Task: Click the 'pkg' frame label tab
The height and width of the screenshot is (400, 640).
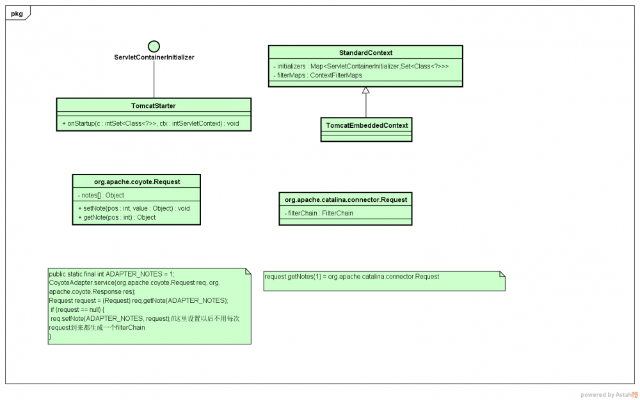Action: [17, 13]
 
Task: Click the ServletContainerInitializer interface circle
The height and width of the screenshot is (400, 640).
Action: [154, 46]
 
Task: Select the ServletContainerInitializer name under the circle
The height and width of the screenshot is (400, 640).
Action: [154, 58]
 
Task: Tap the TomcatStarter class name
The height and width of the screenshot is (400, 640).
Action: [154, 105]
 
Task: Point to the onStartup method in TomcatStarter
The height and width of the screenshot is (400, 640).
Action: [150, 123]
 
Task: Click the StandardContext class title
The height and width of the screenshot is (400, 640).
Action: [365, 52]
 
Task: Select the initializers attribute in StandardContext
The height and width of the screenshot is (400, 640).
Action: [361, 66]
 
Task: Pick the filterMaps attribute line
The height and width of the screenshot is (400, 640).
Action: [317, 75]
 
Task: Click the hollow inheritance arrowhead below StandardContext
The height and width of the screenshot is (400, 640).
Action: [365, 91]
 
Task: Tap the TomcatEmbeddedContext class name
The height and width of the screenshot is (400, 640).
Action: [367, 125]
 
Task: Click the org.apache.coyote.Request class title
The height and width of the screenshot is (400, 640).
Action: [137, 181]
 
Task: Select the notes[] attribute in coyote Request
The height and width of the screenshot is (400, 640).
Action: [101, 196]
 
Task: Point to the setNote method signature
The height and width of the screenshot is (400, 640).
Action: [134, 208]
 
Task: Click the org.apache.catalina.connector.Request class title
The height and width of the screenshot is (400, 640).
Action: [346, 199]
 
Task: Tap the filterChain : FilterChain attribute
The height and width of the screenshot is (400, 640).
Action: [319, 213]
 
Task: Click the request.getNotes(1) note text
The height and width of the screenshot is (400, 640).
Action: [351, 277]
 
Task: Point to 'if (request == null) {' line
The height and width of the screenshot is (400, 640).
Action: [86, 309]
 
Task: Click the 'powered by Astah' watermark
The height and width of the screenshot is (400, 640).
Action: [608, 395]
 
